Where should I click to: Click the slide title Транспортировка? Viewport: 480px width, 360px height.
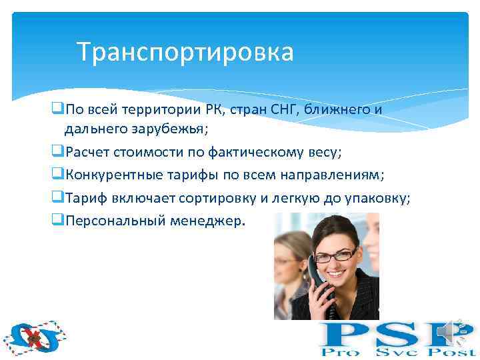click(185, 52)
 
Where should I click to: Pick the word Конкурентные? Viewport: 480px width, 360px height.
click(110, 175)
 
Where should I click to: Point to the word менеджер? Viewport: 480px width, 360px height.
click(212, 221)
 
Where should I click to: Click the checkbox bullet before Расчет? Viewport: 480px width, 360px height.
click(57, 153)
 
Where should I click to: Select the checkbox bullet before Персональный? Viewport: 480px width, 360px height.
click(57, 221)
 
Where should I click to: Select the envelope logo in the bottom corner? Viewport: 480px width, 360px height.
click(31, 337)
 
